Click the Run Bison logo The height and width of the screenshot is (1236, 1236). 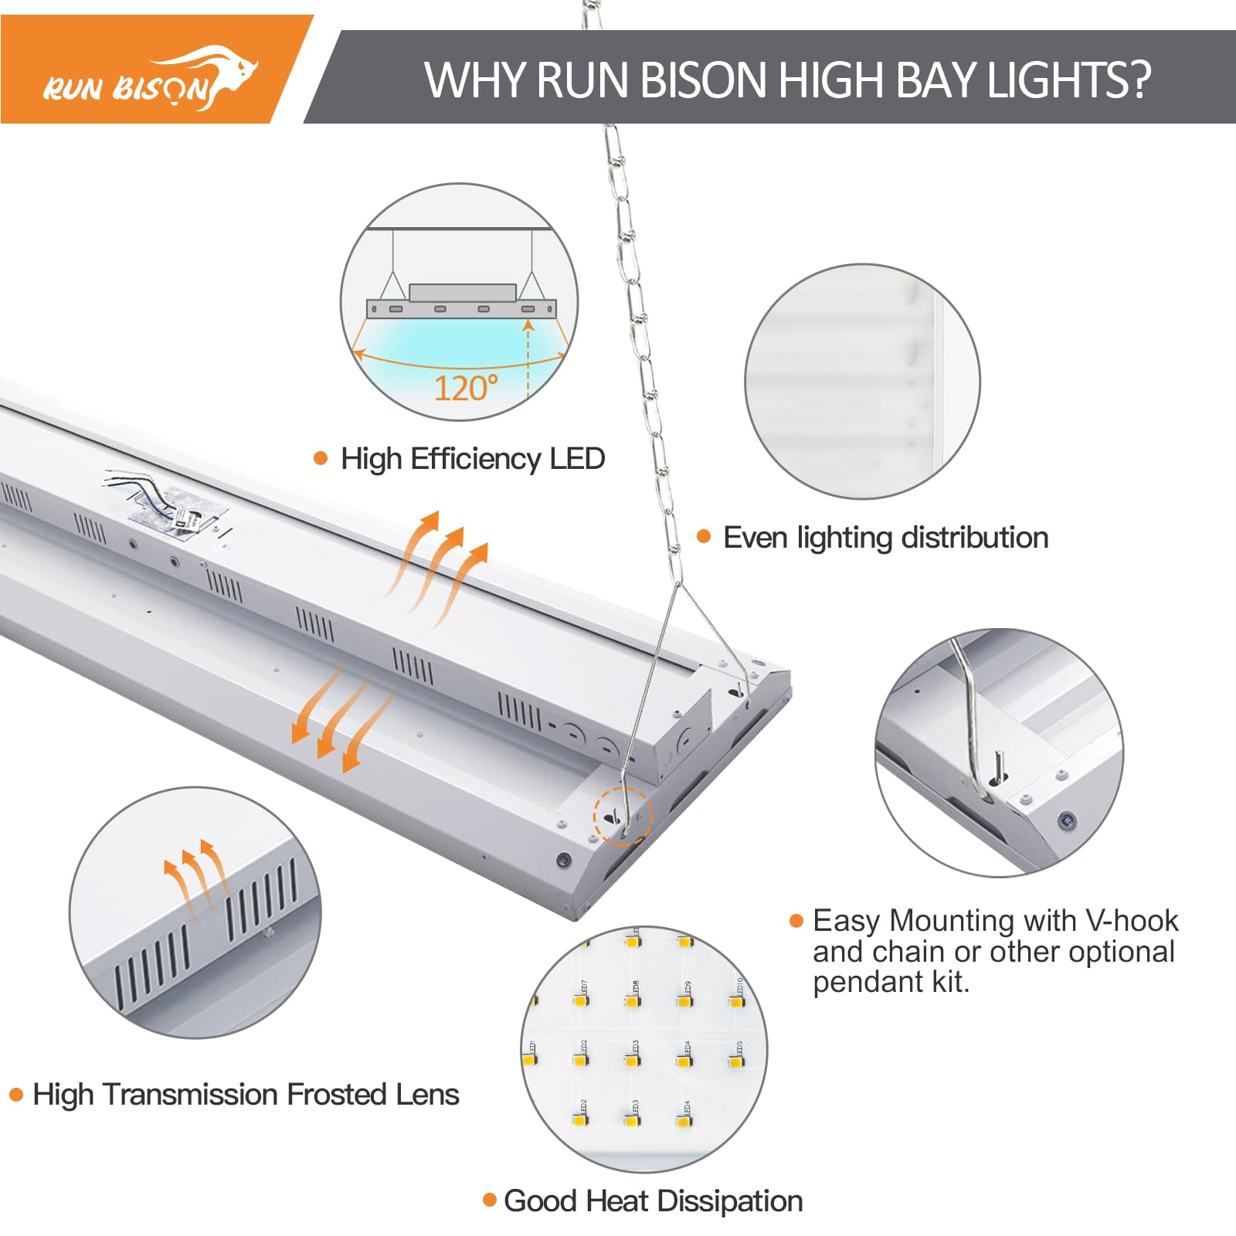coord(151,80)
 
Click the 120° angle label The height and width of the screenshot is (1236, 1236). coord(466,388)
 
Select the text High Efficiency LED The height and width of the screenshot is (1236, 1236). coord(473,459)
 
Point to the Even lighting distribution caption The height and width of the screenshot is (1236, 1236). coord(885,538)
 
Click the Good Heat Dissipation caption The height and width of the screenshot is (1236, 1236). coord(653,1201)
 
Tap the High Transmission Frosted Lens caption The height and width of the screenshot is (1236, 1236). coord(246,1095)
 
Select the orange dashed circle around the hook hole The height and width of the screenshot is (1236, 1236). coord(623,816)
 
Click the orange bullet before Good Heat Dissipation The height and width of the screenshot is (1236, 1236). coord(489,1200)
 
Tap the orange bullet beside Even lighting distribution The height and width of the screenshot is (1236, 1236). coord(704,536)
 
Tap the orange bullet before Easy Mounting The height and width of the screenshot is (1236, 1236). coord(796,920)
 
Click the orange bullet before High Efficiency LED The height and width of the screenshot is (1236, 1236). coord(321,458)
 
